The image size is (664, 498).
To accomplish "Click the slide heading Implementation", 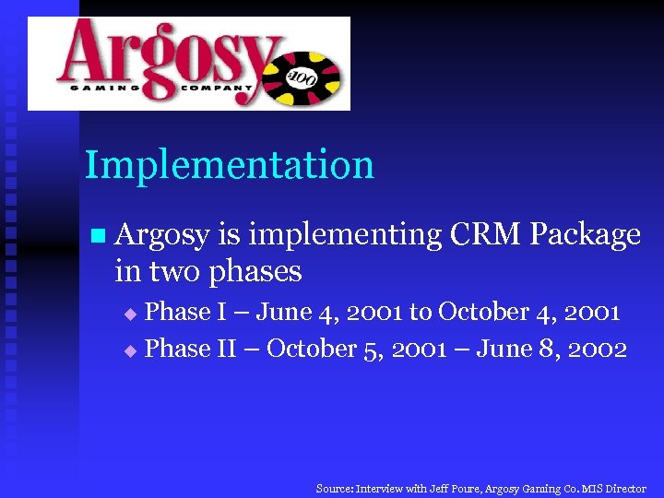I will click(x=230, y=166).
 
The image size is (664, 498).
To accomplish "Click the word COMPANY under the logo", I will click(x=217, y=89).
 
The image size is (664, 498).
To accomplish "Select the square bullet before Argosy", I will click(x=98, y=236).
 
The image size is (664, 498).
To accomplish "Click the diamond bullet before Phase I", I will click(x=130, y=314).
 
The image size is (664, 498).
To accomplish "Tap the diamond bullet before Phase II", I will click(x=130, y=351).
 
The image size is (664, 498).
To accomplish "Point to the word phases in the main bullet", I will click(x=255, y=271).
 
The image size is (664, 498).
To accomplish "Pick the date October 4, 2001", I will click(x=528, y=313).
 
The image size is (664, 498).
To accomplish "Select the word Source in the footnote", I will click(x=334, y=489).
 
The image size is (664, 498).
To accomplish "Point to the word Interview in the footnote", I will click(x=379, y=489).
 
